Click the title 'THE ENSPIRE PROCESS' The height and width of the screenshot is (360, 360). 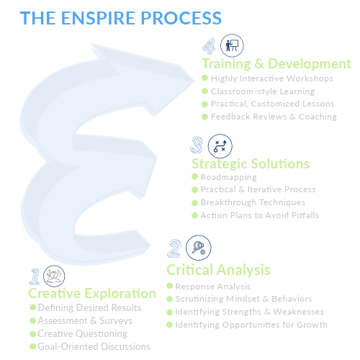pos(121,18)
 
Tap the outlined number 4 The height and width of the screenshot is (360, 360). pos(209,46)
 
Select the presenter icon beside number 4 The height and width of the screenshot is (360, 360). pos(232,45)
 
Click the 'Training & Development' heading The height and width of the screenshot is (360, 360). pos(276,64)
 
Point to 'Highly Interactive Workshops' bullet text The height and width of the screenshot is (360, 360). pos(272,78)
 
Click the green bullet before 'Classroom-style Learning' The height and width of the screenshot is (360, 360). pos(204,91)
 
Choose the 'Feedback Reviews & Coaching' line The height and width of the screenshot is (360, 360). pos(274,117)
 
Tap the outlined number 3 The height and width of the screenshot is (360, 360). pos(197,145)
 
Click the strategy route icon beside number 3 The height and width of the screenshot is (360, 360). pos(220,146)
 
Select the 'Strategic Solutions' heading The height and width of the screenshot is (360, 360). pos(251,164)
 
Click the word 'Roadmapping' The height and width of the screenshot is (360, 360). pos(229,177)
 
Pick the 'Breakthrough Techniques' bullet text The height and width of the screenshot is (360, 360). pos(253,202)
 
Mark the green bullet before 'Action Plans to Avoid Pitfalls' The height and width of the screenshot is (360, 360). pos(194,215)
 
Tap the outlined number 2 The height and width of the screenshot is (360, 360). pos(174,248)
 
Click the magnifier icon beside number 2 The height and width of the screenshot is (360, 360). pos(199,248)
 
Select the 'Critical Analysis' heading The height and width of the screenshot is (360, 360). pos(218,270)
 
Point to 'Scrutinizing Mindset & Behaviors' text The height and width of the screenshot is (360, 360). pos(243,299)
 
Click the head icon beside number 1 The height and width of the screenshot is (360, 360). pos(54,276)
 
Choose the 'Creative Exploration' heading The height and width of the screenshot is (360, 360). pos(92,293)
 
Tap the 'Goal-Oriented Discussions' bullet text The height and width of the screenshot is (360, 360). pos(94,346)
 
